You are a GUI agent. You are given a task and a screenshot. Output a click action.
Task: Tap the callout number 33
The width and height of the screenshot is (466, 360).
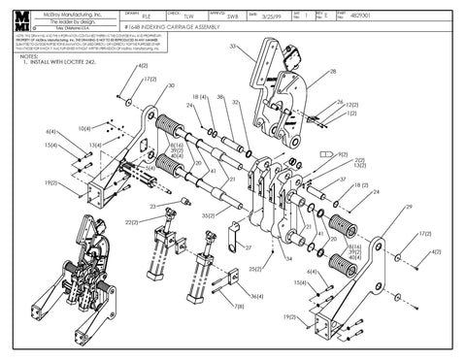point(232,46)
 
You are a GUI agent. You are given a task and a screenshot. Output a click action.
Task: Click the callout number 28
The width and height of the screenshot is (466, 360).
point(333,72)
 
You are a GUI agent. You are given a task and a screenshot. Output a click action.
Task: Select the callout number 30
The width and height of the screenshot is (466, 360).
point(172,85)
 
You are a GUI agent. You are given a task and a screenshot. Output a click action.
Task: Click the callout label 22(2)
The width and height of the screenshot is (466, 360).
point(132,222)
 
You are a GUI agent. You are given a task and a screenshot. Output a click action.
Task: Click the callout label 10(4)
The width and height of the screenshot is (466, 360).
point(84,128)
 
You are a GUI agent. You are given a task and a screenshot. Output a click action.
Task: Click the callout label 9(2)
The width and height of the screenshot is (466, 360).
point(342,153)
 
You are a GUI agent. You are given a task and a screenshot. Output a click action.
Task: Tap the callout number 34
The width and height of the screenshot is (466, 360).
point(288,258)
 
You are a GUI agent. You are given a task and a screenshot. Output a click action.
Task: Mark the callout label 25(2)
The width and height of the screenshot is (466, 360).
point(256,268)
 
